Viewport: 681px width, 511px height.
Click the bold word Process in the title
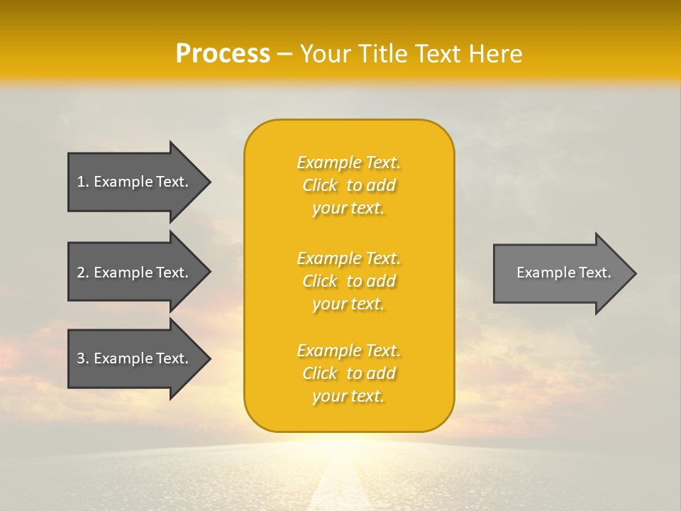pyautogui.click(x=223, y=54)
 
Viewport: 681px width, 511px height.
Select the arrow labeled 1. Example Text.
pyautogui.click(x=135, y=182)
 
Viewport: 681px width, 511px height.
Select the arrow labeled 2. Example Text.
pyautogui.click(x=135, y=273)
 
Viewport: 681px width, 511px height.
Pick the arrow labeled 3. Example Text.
pyautogui.click(x=135, y=358)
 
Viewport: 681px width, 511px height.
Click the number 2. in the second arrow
pyautogui.click(x=82, y=273)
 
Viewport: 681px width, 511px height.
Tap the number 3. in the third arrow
pyautogui.click(x=82, y=358)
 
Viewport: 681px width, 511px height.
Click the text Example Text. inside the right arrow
pyautogui.click(x=563, y=273)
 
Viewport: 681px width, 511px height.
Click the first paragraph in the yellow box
pyautogui.click(x=348, y=185)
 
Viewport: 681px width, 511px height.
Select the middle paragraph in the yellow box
pyautogui.click(x=348, y=281)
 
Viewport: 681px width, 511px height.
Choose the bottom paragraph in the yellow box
pyautogui.click(x=348, y=373)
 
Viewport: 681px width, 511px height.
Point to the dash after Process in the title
pyautogui.click(x=285, y=55)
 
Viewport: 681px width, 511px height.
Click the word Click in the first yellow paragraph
pyautogui.click(x=319, y=185)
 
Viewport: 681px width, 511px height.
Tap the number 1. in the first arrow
pyautogui.click(x=82, y=182)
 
